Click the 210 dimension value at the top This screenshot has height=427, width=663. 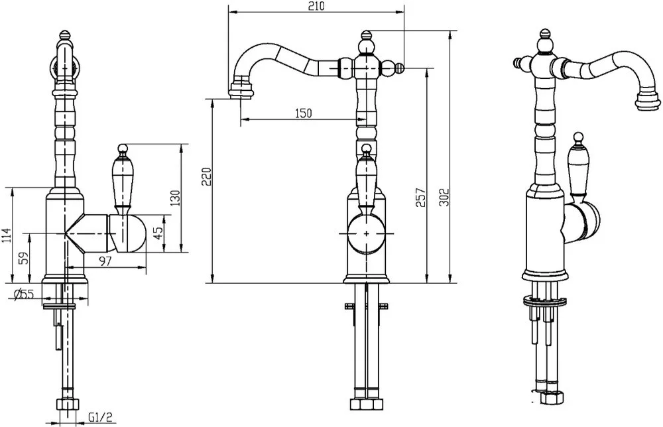316,7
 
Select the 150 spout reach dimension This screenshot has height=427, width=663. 303,113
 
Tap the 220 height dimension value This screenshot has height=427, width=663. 206,176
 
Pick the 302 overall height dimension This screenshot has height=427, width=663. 444,197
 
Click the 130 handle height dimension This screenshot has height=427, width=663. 176,198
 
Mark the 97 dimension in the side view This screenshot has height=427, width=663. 105,261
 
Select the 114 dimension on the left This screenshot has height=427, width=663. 6,235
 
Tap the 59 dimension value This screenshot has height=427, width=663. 25,258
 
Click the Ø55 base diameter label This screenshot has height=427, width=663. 24,294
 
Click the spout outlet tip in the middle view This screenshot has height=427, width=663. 241,91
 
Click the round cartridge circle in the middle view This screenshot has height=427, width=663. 366,233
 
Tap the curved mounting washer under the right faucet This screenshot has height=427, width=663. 544,302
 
